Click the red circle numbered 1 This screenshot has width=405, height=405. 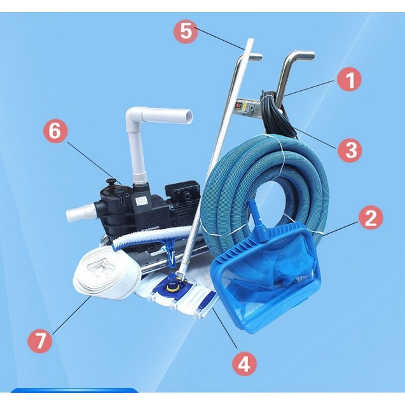click(x=350, y=80)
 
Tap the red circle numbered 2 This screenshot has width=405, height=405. click(x=371, y=217)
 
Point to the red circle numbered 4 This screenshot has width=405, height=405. click(x=244, y=364)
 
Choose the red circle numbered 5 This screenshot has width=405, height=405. click(x=186, y=31)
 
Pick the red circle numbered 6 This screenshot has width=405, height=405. click(x=55, y=131)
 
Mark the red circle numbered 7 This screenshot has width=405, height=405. click(x=40, y=341)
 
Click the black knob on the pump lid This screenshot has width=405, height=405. click(x=112, y=181)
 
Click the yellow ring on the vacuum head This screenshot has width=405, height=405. click(x=171, y=286)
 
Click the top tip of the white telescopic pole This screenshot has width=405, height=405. click(x=251, y=39)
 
